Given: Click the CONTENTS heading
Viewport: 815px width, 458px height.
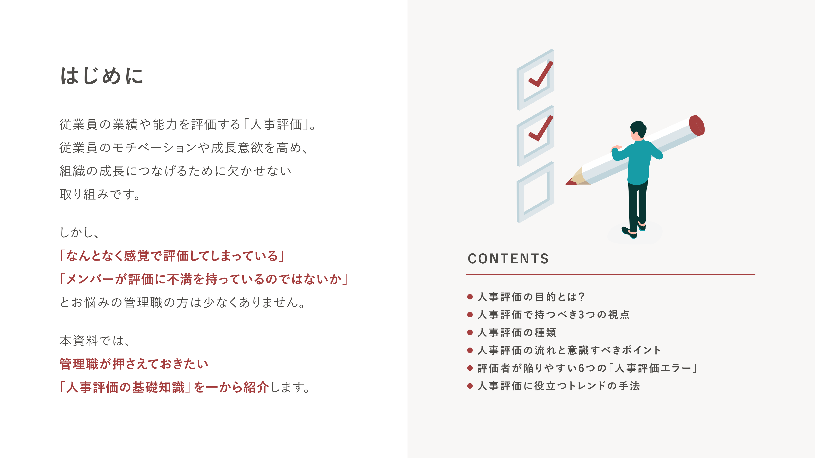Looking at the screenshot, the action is [508, 259].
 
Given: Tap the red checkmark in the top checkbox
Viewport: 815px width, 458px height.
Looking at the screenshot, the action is [540, 75].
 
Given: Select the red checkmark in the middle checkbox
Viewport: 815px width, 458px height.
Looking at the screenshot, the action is [540, 129].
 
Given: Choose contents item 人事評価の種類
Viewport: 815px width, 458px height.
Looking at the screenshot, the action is [517, 333].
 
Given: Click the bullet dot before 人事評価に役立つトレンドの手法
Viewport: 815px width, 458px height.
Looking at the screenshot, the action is [470, 386].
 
